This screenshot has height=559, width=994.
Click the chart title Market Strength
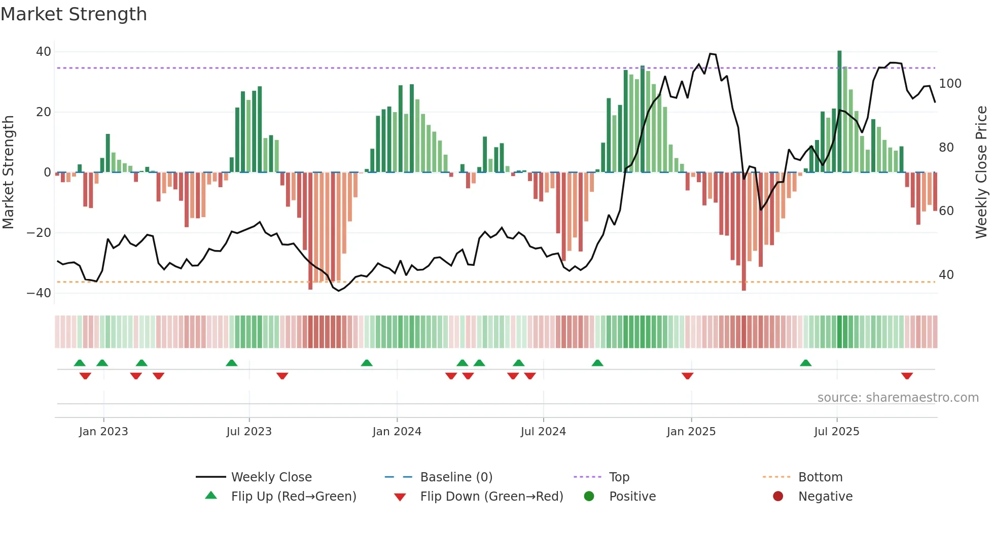point(74,14)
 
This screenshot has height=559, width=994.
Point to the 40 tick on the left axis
point(44,52)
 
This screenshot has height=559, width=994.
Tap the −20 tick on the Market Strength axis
point(39,233)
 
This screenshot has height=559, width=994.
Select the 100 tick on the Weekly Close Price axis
point(950,84)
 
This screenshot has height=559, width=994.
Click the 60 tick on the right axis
point(946,211)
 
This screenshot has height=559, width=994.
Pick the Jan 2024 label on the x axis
point(397,432)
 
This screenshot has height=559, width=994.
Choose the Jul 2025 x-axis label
point(836,432)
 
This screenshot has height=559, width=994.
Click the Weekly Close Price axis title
point(981,172)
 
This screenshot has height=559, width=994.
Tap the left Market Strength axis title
point(9,172)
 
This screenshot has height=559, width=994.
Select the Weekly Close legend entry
point(271,477)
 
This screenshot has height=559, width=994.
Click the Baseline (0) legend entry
point(456,477)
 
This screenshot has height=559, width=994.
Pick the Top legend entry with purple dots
point(619,477)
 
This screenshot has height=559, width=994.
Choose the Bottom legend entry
point(820,477)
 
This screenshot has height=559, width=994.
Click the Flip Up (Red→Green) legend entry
point(293,497)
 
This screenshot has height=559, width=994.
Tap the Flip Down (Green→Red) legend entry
point(491,497)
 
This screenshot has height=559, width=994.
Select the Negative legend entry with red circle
point(825,497)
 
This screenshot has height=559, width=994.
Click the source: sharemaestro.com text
point(898,398)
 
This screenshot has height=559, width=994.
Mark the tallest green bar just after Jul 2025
point(839,112)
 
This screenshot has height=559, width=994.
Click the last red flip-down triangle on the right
point(907,376)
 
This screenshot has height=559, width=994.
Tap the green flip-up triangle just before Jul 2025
point(805,363)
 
